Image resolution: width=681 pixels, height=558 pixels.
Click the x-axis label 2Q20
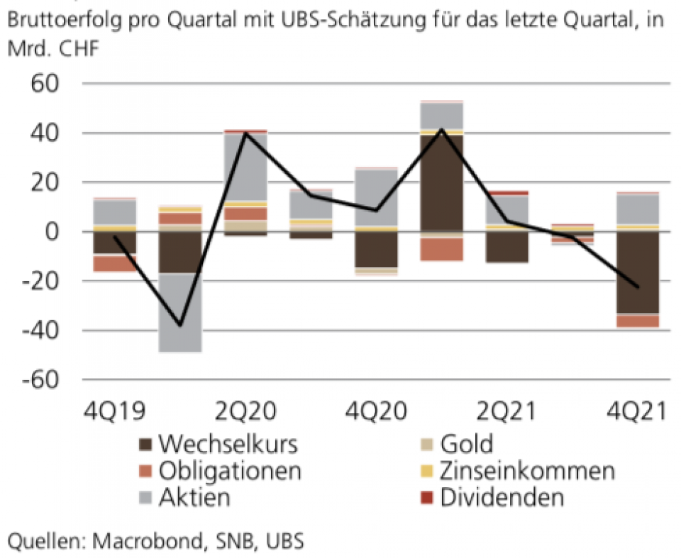[245, 412]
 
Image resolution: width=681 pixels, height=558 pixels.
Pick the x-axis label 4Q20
[375, 412]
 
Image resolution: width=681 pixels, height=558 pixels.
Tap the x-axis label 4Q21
[637, 412]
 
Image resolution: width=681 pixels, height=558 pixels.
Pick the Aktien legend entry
[194, 497]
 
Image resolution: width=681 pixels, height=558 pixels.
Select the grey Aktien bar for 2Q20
[245, 167]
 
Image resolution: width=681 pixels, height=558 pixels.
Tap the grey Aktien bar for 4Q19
[116, 212]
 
